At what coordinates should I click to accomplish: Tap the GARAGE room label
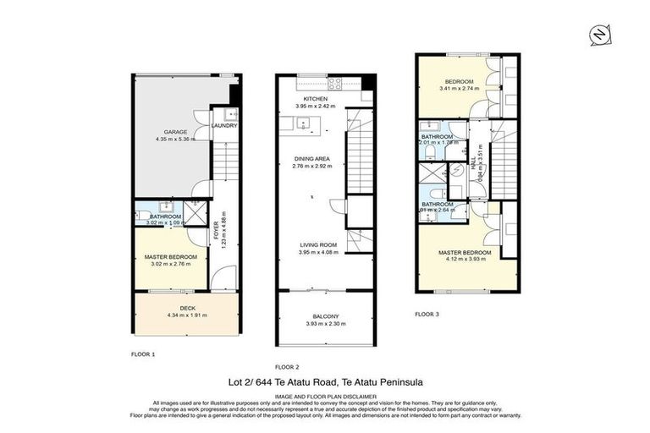click(175, 132)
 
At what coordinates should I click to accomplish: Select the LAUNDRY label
click(224, 126)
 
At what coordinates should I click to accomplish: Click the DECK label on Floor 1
click(175, 308)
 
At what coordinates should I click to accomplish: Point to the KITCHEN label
click(315, 99)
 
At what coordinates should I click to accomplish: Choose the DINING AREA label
click(312, 158)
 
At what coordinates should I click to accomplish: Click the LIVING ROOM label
click(317, 244)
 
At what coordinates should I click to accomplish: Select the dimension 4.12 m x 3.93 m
click(464, 260)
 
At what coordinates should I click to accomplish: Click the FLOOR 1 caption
click(143, 354)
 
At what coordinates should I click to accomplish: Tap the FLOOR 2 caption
click(287, 366)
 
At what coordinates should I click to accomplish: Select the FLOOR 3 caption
click(427, 314)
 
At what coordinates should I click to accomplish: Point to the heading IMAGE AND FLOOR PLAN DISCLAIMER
click(325, 395)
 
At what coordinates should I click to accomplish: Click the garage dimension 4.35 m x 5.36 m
click(175, 140)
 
